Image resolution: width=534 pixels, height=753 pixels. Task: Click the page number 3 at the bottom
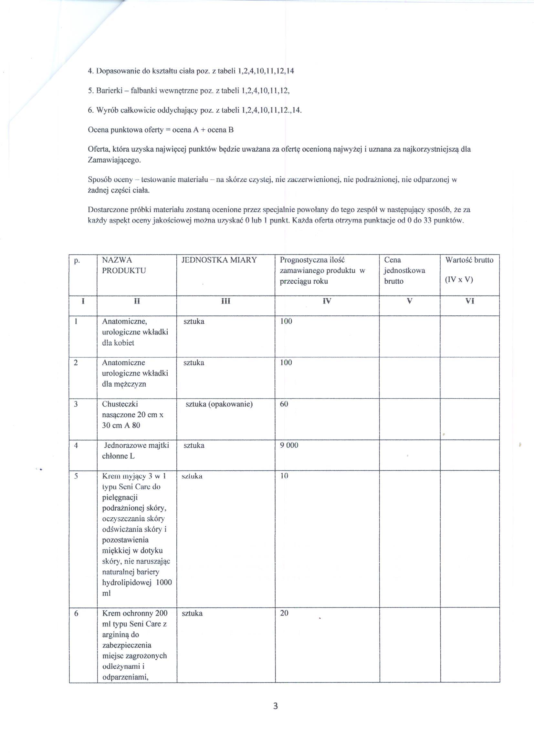click(276, 706)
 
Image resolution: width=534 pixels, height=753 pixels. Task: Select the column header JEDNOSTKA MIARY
click(219, 260)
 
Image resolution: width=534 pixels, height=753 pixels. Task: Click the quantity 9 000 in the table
click(289, 445)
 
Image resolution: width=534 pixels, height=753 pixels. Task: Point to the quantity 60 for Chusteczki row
click(284, 404)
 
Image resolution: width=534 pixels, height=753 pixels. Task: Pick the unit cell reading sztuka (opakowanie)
click(219, 404)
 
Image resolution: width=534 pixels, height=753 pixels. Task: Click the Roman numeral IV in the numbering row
click(327, 301)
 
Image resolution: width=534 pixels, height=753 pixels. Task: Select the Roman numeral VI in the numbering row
click(470, 301)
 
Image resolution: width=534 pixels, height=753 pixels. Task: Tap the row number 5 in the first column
click(76, 476)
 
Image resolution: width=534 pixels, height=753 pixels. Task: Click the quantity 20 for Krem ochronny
click(284, 613)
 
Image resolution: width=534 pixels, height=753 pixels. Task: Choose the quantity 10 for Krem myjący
click(284, 476)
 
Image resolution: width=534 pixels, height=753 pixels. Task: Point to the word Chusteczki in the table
click(120, 404)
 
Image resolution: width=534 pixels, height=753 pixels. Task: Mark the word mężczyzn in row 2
click(124, 384)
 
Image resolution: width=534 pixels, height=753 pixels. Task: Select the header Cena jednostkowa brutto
click(404, 271)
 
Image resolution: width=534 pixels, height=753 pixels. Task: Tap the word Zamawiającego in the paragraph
click(114, 160)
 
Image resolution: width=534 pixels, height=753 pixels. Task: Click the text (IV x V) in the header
click(459, 280)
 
